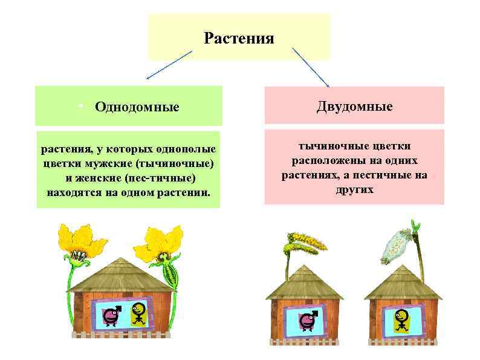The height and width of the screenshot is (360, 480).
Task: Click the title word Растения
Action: pyautogui.click(x=239, y=39)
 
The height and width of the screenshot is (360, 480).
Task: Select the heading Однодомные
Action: pyautogui.click(x=137, y=107)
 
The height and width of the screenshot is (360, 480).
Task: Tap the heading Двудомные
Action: pyautogui.click(x=354, y=106)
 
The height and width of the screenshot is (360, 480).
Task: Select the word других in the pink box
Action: pyautogui.click(x=354, y=189)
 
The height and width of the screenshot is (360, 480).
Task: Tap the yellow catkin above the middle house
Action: pyautogui.click(x=302, y=242)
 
